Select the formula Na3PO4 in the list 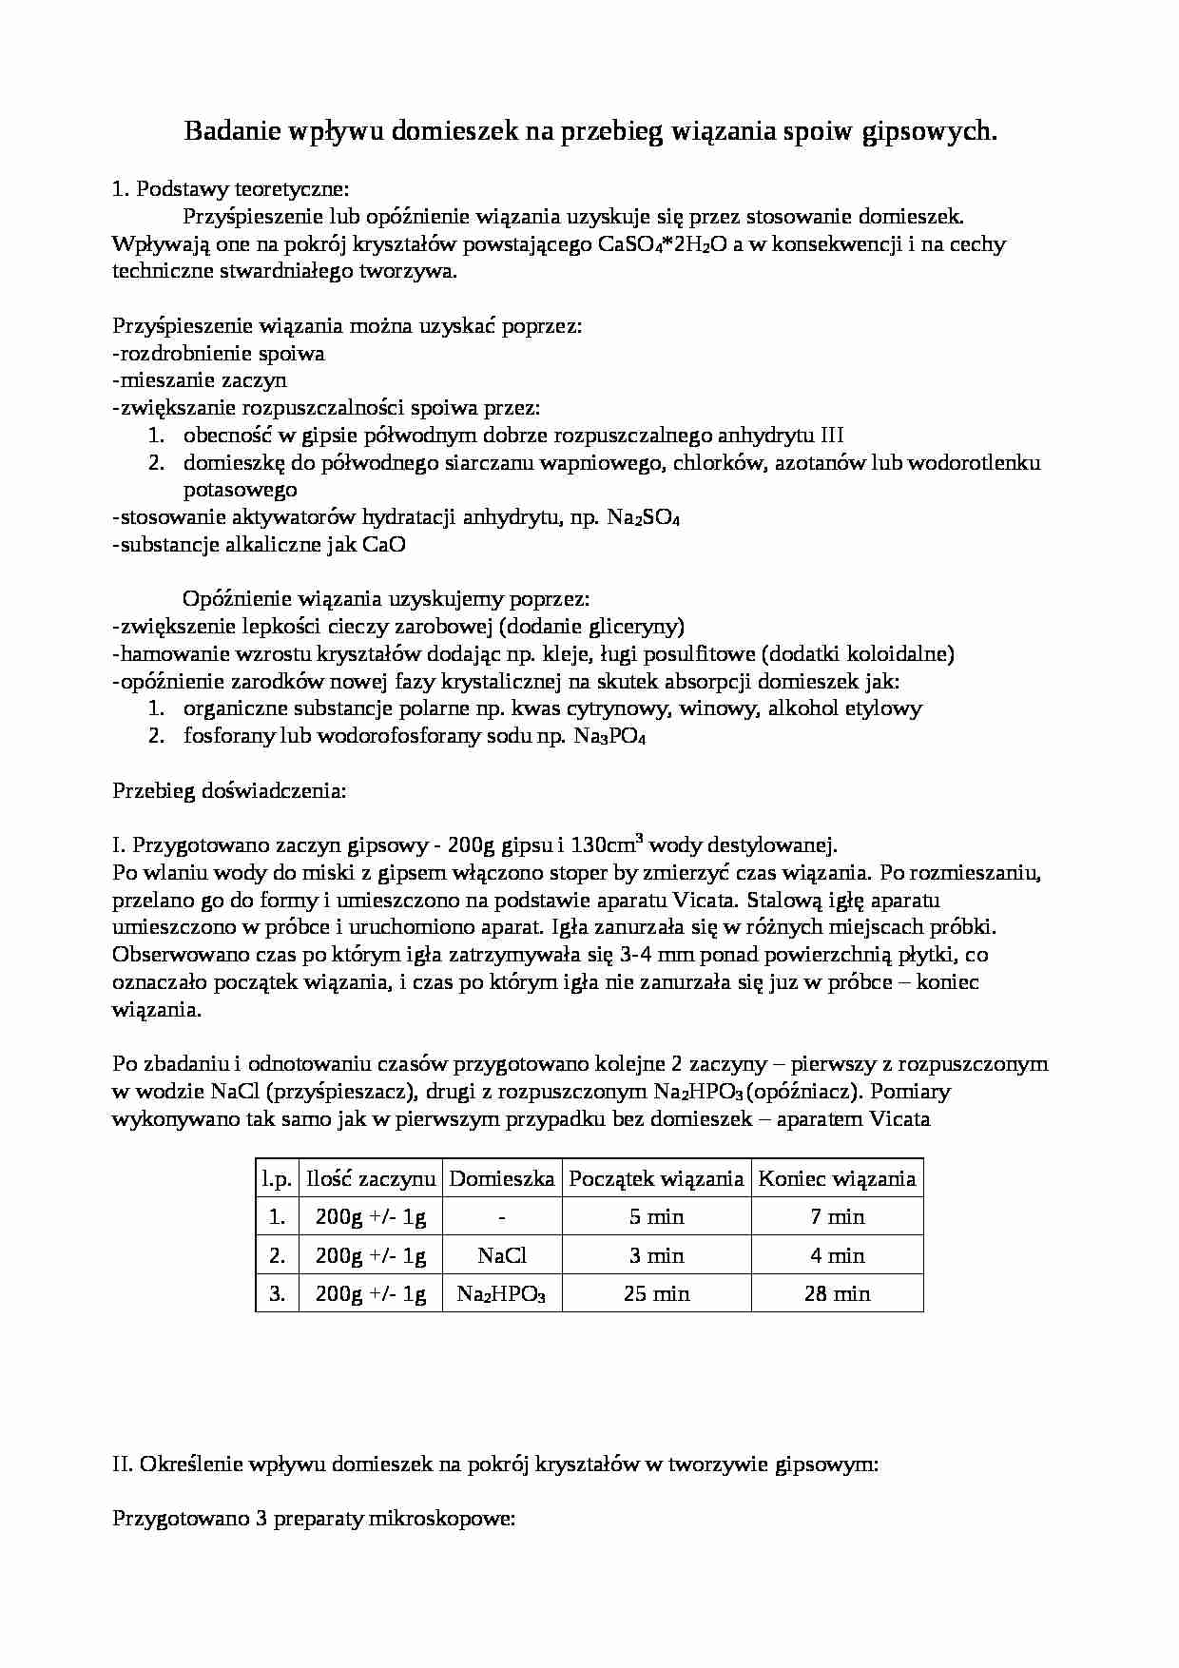click(x=609, y=737)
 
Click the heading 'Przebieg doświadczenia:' click(x=229, y=790)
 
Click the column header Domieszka click(x=502, y=1179)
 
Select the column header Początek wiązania click(x=656, y=1179)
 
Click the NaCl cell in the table click(x=502, y=1255)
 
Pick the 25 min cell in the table click(x=656, y=1293)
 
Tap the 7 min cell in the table click(x=837, y=1217)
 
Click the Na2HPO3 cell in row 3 click(x=502, y=1294)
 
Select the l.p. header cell click(x=277, y=1179)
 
